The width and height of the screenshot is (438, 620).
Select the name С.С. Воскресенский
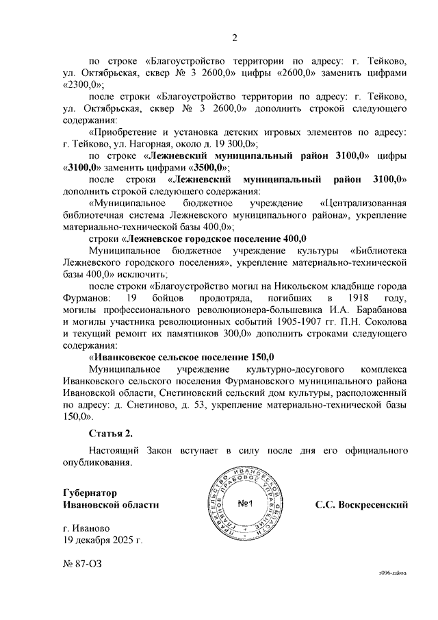[361, 505]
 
